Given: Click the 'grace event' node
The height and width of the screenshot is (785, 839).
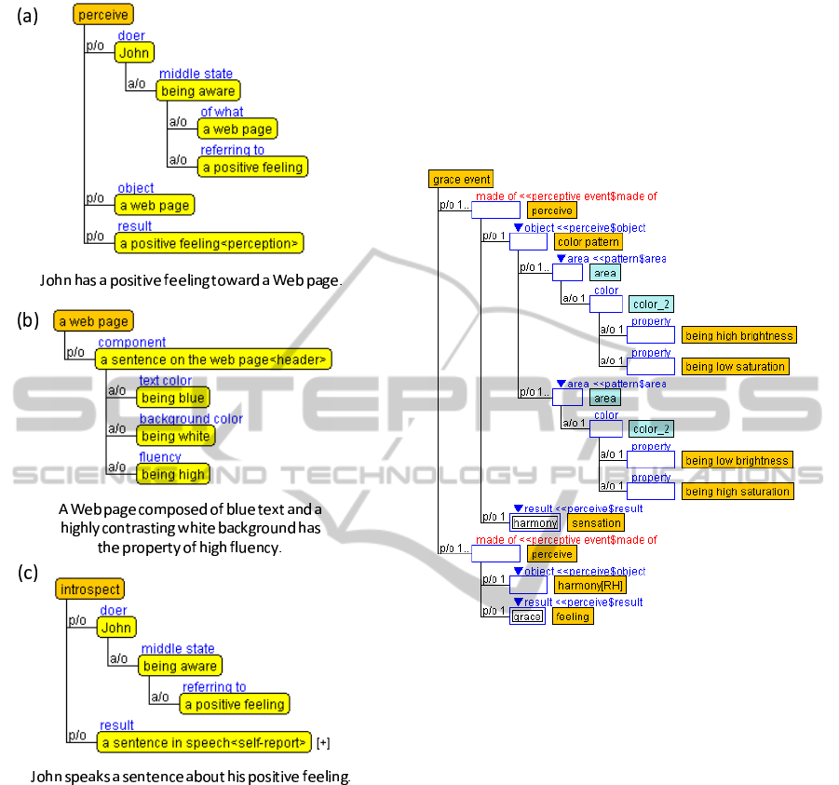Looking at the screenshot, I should [x=461, y=179].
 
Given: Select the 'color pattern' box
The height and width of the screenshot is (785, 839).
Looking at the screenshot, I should [x=589, y=242].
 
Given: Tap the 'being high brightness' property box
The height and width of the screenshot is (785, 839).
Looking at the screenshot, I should [x=738, y=335].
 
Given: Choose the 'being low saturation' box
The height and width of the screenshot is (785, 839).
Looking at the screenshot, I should [x=735, y=367].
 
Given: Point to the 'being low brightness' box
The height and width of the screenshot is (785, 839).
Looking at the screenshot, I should [x=737, y=460].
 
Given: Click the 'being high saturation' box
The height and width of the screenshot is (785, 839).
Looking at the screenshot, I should [x=737, y=492].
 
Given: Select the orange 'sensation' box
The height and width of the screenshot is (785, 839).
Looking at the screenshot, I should [x=594, y=523].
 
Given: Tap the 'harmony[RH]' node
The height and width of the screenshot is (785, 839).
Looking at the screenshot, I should [x=589, y=586].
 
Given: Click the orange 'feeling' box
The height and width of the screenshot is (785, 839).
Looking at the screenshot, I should [x=572, y=616].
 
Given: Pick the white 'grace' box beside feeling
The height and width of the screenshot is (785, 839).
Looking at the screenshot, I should [x=527, y=616].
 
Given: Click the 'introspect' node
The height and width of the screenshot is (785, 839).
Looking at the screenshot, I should [x=89, y=589].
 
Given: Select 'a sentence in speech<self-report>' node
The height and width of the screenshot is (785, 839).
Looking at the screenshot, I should [x=204, y=742].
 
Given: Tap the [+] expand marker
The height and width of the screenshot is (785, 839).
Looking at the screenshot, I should [x=323, y=743].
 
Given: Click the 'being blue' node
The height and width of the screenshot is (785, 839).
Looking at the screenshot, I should [x=171, y=399].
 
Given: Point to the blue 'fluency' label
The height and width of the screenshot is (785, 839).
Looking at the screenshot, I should [x=159, y=457].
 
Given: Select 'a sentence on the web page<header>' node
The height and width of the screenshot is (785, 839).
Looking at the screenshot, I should [x=214, y=359].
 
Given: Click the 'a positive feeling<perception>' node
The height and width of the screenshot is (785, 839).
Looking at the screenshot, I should [x=210, y=244].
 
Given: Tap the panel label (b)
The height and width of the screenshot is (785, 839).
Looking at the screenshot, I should [x=28, y=321].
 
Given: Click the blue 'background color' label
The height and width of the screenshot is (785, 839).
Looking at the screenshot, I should [x=191, y=419].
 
